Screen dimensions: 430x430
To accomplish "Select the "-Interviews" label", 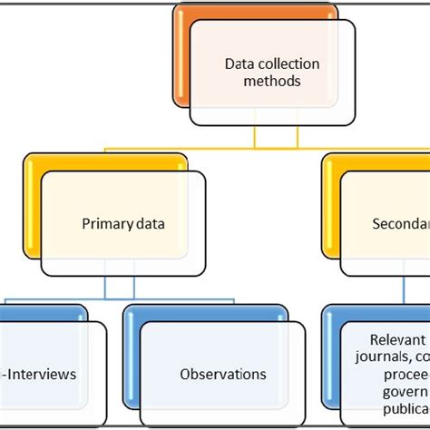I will click(38, 374).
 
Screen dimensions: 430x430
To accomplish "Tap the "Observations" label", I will click(223, 374).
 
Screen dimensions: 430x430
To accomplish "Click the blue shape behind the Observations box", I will click(132, 363).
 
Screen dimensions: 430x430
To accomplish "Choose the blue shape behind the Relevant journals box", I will click(330, 363).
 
